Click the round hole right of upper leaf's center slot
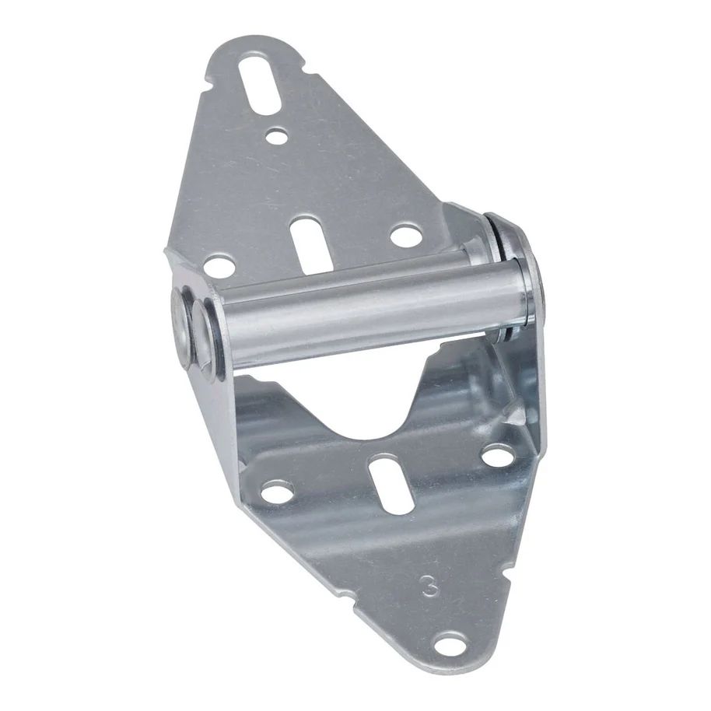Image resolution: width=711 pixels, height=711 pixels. coord(405,235)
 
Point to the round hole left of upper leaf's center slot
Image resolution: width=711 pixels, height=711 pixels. coord(220,267)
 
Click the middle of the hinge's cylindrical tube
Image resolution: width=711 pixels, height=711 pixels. coord(366,311)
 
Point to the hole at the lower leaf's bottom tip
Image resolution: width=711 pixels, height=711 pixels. coord(450,644)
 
